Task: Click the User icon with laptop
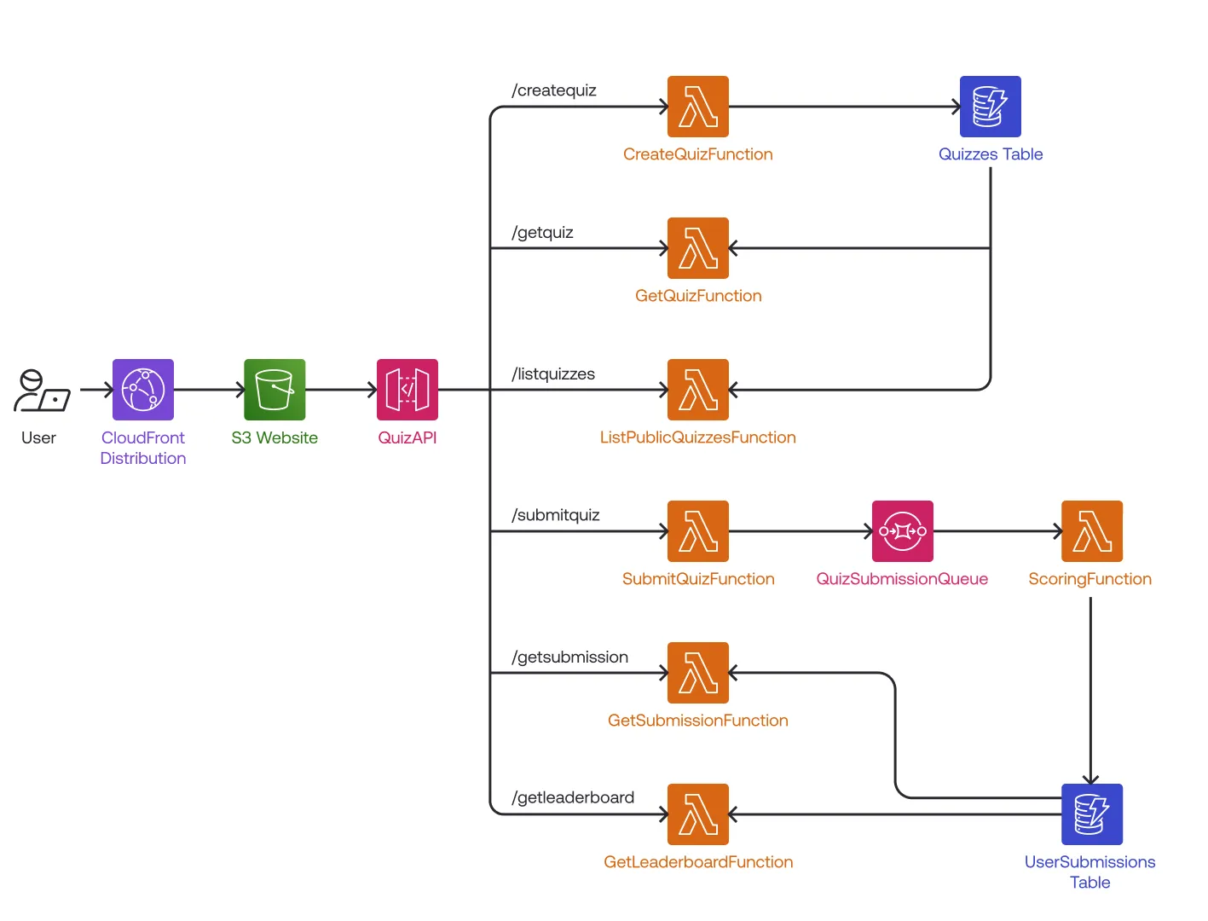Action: click(x=41, y=391)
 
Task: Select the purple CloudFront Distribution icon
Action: click(x=143, y=390)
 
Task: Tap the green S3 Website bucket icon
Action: click(x=275, y=390)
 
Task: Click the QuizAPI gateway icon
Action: click(x=407, y=390)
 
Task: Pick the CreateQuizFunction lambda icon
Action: click(x=698, y=107)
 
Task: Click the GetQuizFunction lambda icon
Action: click(x=698, y=248)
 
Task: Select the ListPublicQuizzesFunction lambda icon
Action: click(x=698, y=390)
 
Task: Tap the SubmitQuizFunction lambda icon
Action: click(x=698, y=531)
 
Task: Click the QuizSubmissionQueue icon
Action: click(x=903, y=531)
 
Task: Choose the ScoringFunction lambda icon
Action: click(x=1092, y=531)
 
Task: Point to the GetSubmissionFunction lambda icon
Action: click(x=698, y=673)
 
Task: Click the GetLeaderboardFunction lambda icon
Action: click(x=698, y=814)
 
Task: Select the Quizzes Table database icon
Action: click(x=991, y=107)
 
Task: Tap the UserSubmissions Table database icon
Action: click(x=1092, y=814)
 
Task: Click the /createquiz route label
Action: click(x=554, y=90)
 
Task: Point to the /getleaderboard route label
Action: click(x=573, y=797)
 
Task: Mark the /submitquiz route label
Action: click(x=556, y=515)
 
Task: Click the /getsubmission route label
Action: click(x=570, y=657)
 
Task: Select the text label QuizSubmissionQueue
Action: click(x=902, y=579)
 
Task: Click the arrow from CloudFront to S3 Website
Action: click(x=209, y=390)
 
